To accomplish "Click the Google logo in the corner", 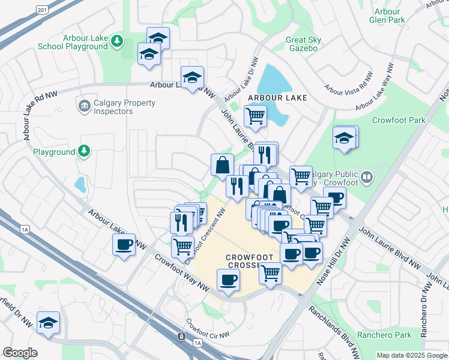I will [20, 353].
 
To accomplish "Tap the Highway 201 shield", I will [41, 10].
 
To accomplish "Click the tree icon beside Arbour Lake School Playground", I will [118, 41].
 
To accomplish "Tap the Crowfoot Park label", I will [398, 120].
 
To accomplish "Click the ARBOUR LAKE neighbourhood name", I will [278, 98].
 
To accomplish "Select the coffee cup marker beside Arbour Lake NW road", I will [124, 245].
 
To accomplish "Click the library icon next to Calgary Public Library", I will [367, 177].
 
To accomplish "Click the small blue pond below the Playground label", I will [80, 184].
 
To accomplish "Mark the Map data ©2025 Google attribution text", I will [411, 355].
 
